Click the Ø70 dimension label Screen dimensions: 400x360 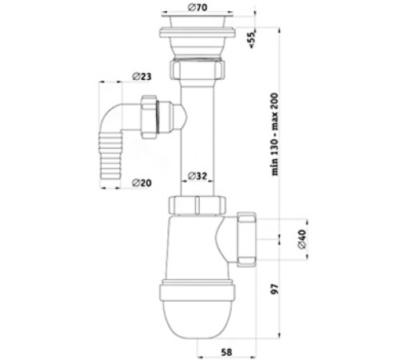point(198,7)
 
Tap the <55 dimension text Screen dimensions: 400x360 point(252,40)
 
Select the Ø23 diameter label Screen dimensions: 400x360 point(142,77)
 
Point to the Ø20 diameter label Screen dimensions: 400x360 point(142,183)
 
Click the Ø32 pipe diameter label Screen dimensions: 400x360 point(198,176)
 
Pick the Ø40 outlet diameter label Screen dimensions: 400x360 point(302,239)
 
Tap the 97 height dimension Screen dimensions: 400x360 point(274,289)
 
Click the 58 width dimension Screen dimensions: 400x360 point(226,352)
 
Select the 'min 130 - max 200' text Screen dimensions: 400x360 point(275,134)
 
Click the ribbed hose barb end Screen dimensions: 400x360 point(110,157)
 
